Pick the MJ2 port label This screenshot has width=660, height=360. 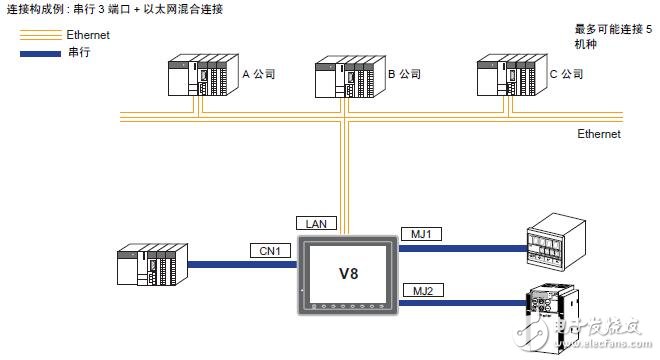click(420, 290)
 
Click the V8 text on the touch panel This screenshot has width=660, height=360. click(347, 273)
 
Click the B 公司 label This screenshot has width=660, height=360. click(406, 73)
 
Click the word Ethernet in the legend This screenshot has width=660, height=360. click(87, 35)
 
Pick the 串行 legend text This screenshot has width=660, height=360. click(75, 52)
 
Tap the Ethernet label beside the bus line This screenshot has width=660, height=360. click(599, 134)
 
